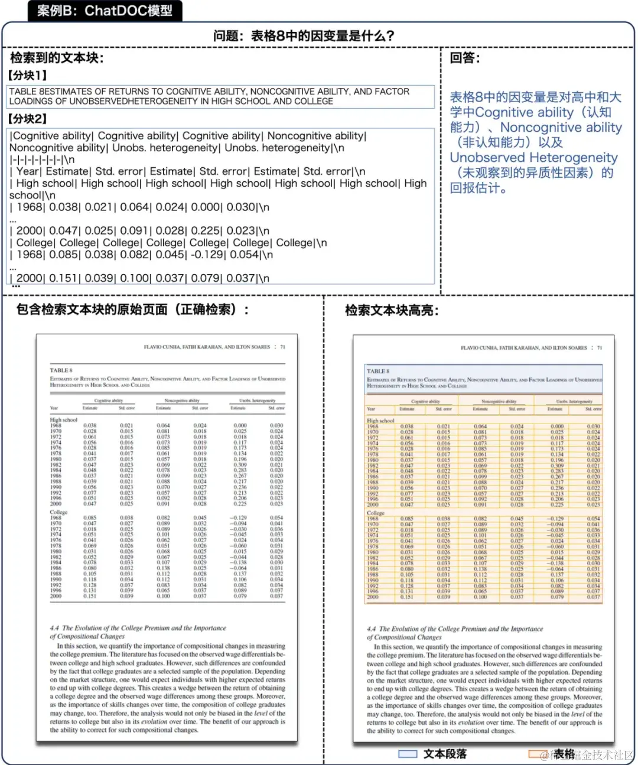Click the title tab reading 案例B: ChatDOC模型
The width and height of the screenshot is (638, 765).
(105, 11)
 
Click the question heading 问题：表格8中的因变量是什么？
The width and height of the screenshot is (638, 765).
(304, 36)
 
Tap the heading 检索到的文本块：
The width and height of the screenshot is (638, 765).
(57, 58)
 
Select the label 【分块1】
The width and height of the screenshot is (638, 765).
(27, 76)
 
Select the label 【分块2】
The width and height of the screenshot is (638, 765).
(27, 119)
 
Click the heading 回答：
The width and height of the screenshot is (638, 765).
(465, 58)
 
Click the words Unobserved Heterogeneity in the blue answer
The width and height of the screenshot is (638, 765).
(533, 158)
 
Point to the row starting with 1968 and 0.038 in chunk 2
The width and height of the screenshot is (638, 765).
(139, 207)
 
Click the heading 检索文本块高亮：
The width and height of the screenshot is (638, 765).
(392, 310)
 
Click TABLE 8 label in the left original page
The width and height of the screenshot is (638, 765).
(61, 370)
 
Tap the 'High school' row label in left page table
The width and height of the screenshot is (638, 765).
(63, 419)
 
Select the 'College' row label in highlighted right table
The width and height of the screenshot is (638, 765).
(375, 513)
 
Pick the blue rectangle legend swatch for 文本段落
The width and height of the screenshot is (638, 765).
(408, 754)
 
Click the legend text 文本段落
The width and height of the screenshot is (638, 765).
(445, 754)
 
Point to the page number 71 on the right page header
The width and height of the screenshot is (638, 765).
(599, 348)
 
